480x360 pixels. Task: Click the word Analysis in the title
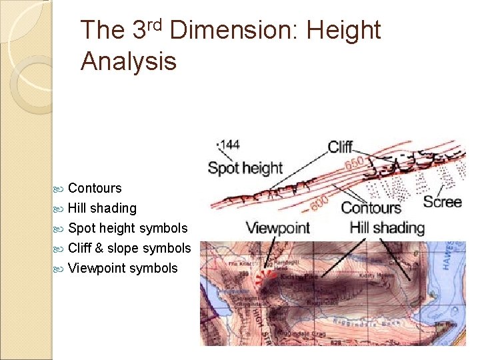(x=128, y=61)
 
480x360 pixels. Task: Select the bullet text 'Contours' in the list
(x=95, y=188)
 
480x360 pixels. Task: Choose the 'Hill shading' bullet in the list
(x=102, y=208)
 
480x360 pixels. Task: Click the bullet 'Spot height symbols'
(x=128, y=228)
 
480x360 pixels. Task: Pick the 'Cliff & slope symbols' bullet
(x=129, y=248)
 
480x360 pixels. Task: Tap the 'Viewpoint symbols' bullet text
(x=123, y=268)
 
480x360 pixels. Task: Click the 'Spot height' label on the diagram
(x=245, y=168)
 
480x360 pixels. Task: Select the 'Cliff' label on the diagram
(x=341, y=147)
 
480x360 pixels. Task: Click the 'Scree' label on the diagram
(x=442, y=201)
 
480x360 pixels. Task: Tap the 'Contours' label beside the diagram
(x=372, y=208)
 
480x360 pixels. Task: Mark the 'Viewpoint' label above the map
(x=277, y=228)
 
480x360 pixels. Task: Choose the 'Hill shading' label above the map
(x=387, y=228)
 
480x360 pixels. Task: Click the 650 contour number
(x=354, y=163)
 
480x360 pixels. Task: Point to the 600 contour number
(x=319, y=197)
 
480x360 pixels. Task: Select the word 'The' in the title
(x=102, y=31)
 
